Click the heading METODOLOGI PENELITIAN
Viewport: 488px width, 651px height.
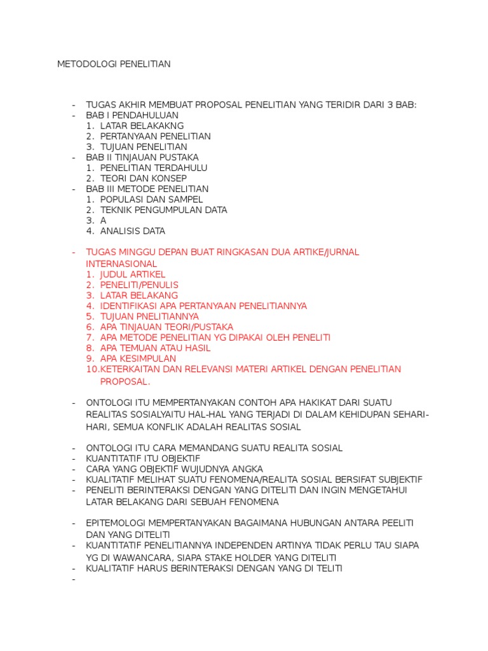(114, 64)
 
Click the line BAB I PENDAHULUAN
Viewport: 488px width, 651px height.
(132, 115)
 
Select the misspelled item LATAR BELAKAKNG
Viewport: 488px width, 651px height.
(142, 126)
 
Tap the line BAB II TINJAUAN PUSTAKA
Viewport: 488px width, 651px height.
(142, 157)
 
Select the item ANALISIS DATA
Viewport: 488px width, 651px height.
(133, 231)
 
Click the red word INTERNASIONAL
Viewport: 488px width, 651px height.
(121, 263)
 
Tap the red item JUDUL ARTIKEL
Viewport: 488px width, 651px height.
(133, 274)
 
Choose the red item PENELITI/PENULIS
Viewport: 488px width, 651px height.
(139, 285)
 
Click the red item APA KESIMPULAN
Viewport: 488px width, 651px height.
(138, 359)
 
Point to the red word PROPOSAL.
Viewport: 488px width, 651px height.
(125, 381)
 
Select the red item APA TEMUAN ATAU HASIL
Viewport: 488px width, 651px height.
(155, 348)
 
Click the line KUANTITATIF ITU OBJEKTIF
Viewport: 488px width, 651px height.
(143, 458)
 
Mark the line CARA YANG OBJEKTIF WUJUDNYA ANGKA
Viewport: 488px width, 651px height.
(174, 469)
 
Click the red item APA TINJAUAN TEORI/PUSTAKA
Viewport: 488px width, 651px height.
(166, 327)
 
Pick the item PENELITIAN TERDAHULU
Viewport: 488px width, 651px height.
(154, 168)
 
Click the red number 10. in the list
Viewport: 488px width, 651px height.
(92, 369)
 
